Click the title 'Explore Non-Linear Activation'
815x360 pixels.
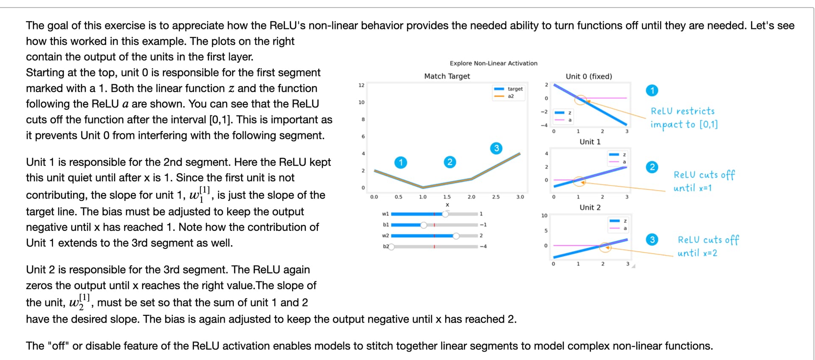[493, 63]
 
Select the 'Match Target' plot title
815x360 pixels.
[447, 76]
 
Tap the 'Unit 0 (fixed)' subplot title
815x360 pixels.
[589, 76]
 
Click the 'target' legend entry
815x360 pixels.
[515, 89]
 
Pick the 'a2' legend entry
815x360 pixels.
[511, 96]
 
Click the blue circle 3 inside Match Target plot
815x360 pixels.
[496, 148]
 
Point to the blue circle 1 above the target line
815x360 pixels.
[401, 162]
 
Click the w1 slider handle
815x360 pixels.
[445, 214]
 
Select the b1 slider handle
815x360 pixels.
[424, 225]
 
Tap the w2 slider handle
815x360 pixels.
[456, 236]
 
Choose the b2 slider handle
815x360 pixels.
[391, 247]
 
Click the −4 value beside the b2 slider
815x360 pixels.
[483, 247]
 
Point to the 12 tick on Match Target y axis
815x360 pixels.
[361, 85]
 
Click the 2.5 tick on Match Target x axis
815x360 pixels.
[496, 197]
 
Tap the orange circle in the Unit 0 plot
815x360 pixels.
[580, 100]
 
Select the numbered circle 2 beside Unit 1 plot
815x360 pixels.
[652, 167]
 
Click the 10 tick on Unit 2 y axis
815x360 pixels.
[544, 216]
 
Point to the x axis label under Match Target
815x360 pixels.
[447, 205]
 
